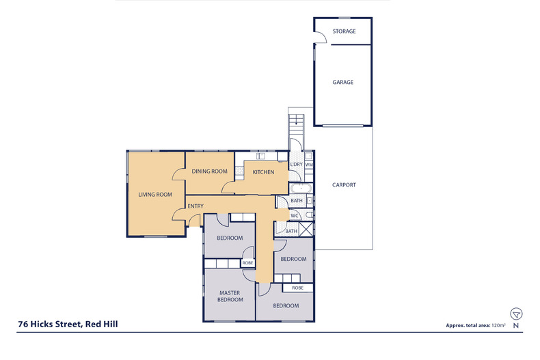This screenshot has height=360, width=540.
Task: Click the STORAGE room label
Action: (x=343, y=31)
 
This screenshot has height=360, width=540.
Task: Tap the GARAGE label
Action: (x=343, y=82)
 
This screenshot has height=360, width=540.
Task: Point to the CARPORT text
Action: (x=344, y=185)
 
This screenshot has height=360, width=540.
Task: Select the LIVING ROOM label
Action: (x=154, y=195)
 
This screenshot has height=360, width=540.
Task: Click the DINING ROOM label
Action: (x=209, y=171)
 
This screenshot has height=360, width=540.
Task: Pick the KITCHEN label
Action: (x=263, y=172)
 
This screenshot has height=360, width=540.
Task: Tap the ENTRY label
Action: (x=195, y=206)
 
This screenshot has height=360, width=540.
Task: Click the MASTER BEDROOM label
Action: (x=230, y=296)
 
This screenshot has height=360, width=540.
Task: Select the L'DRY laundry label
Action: (x=296, y=165)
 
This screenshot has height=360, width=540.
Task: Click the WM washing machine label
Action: (x=309, y=165)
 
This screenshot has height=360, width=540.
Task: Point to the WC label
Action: (x=295, y=216)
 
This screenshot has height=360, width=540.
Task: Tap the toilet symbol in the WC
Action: (x=308, y=215)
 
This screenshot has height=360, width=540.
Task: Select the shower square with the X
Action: (x=307, y=230)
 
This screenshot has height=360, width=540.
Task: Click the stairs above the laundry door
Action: (x=295, y=126)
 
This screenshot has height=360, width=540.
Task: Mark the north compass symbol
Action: (x=517, y=314)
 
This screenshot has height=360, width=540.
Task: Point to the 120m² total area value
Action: (x=498, y=326)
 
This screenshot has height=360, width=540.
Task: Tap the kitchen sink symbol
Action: (x=261, y=156)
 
